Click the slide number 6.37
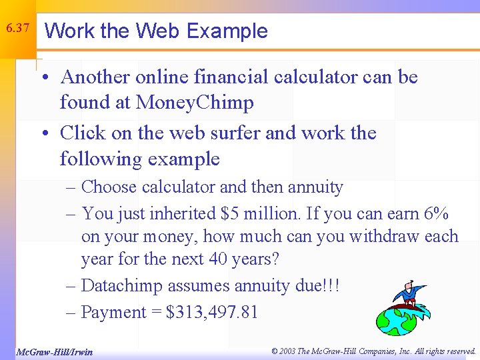(17, 28)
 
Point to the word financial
(232, 77)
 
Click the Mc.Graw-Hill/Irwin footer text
(55, 351)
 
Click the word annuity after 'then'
(315, 187)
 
